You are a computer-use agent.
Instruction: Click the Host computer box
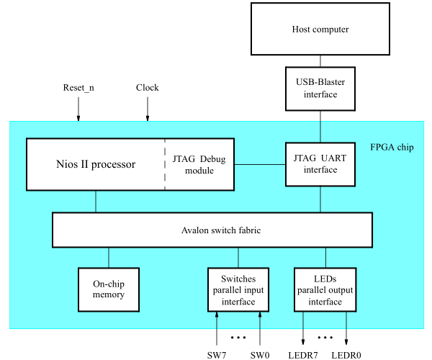click(x=320, y=30)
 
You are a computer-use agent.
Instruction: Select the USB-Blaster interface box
click(x=320, y=89)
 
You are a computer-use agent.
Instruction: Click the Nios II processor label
click(x=96, y=164)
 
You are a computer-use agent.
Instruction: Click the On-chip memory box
click(x=109, y=289)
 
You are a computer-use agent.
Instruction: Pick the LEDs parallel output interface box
click(x=325, y=289)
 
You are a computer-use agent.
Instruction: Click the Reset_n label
click(x=79, y=88)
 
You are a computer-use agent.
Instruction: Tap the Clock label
click(x=148, y=88)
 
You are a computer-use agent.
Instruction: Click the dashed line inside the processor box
click(x=165, y=164)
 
